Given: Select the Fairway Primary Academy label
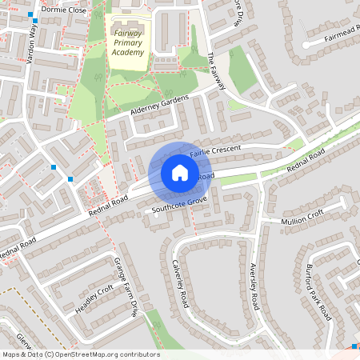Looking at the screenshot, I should (128, 42).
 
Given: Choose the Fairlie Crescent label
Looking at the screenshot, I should (217, 150).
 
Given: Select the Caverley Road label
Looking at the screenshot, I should (180, 284).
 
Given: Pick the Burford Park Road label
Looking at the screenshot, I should (318, 291).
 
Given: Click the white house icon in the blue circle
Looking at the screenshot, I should (179, 173).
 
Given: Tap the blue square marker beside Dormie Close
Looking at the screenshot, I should (31, 15).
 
